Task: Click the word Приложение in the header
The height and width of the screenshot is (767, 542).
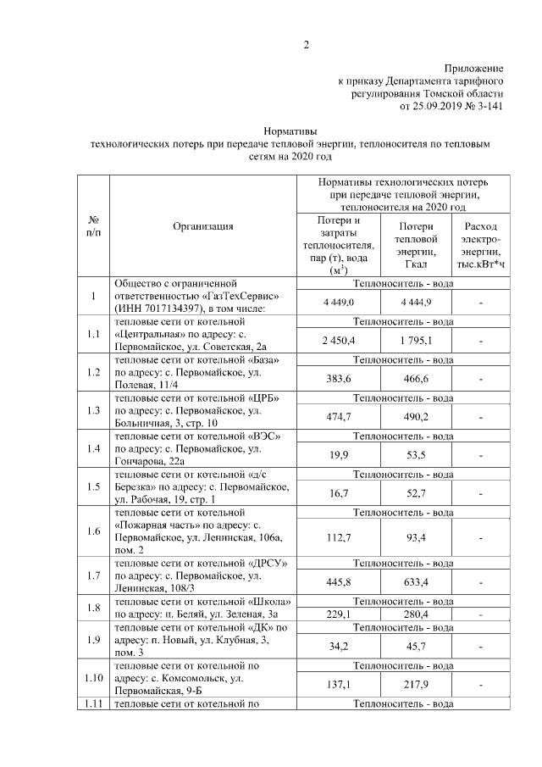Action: pyautogui.click(x=474, y=68)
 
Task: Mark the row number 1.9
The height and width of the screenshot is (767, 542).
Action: pyautogui.click(x=95, y=640)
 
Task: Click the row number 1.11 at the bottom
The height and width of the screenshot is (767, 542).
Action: pyautogui.click(x=95, y=704)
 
